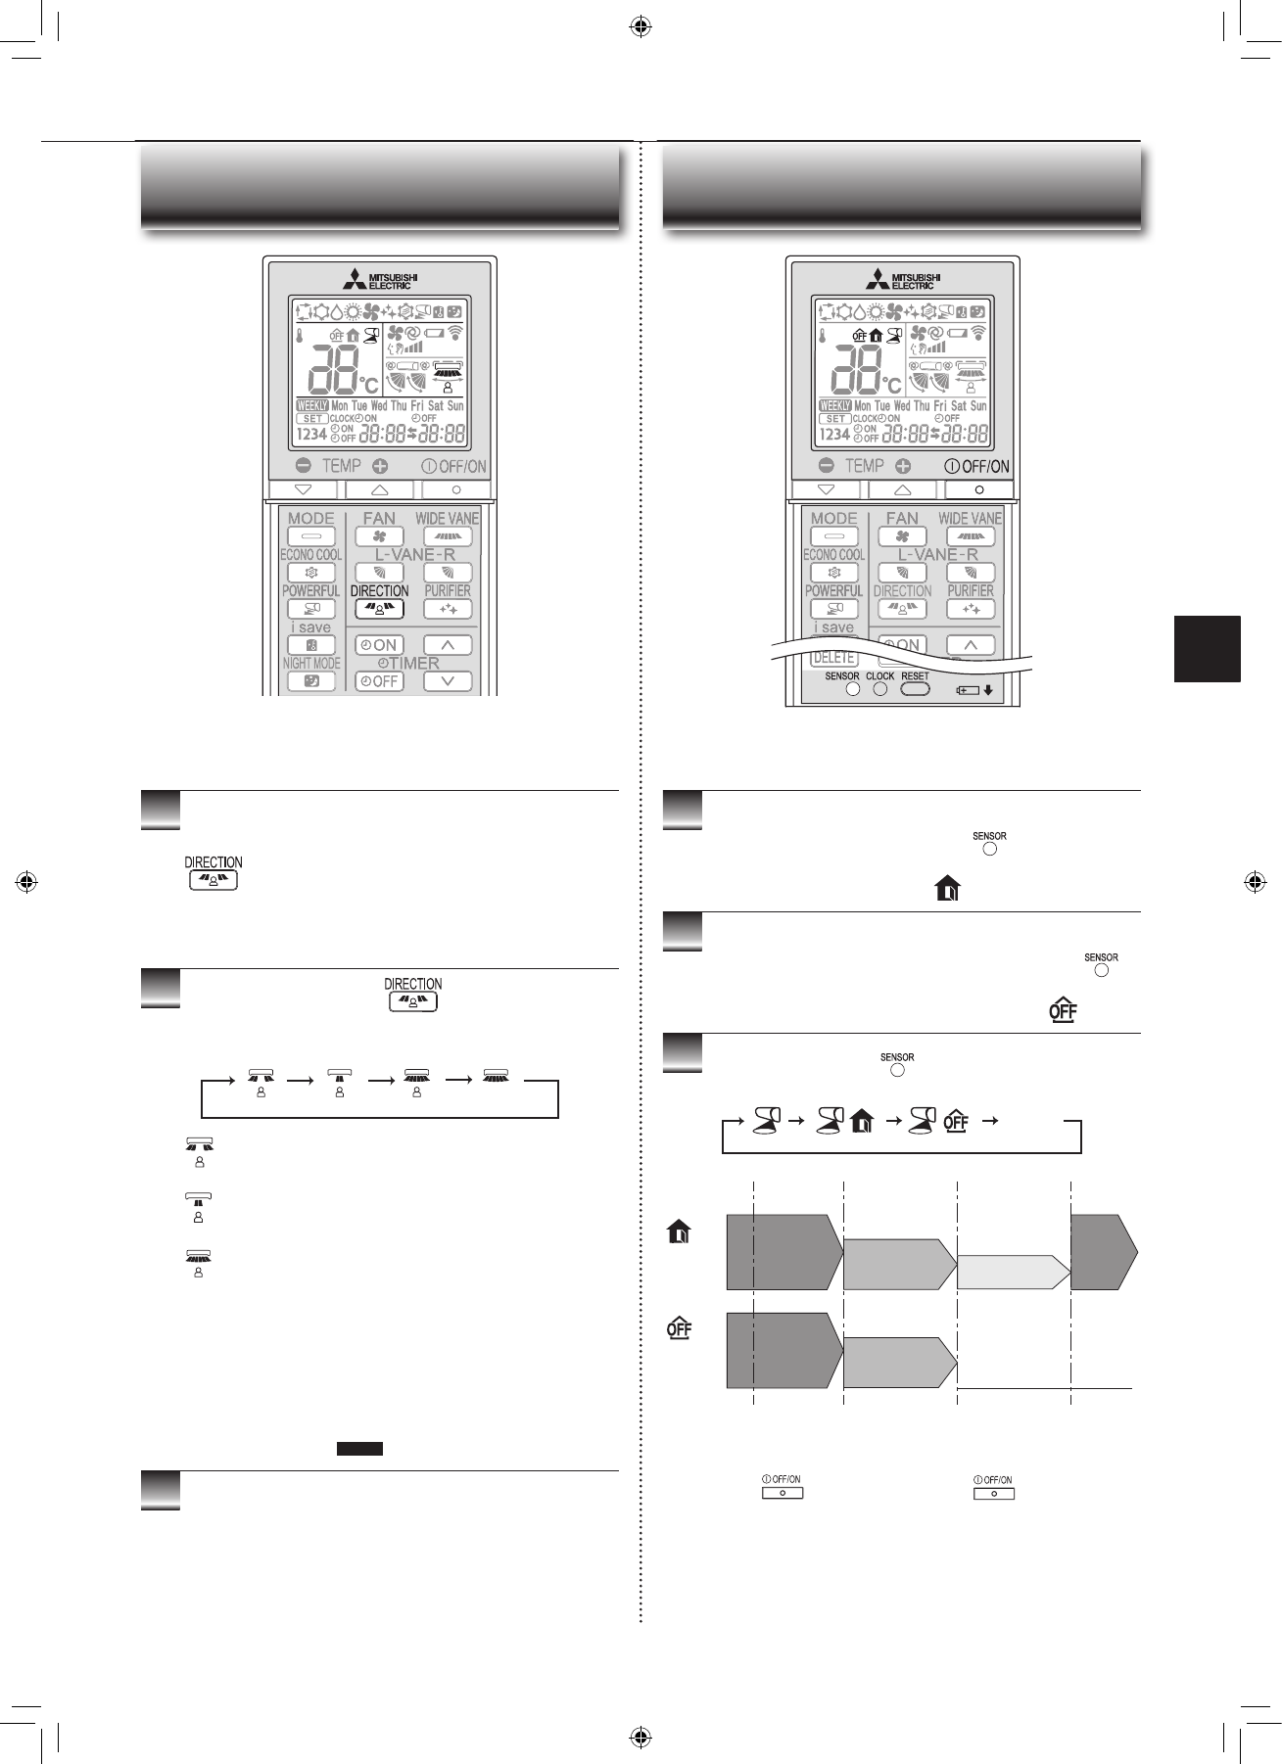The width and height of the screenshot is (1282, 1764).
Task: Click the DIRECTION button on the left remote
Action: [x=379, y=609]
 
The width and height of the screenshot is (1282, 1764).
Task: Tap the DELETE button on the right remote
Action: [x=833, y=658]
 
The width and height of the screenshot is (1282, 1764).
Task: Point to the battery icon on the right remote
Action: [x=969, y=690]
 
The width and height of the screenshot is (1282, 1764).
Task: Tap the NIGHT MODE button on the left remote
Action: [x=311, y=681]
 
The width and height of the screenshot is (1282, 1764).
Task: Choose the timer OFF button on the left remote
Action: [x=379, y=681]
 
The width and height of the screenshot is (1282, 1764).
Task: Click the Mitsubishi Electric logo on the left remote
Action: [x=379, y=280]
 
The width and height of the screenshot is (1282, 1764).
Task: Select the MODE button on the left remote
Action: [x=311, y=536]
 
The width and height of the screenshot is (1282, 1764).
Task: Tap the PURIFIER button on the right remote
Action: [x=971, y=609]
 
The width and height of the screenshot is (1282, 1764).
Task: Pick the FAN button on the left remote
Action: [x=379, y=536]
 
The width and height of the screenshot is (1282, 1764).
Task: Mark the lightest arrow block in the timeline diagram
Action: [x=1012, y=1272]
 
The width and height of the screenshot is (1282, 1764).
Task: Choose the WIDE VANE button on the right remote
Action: [x=971, y=536]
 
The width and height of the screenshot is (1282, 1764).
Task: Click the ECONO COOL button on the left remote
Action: [x=311, y=573]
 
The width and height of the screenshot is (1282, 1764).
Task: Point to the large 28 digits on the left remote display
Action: [x=335, y=369]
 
